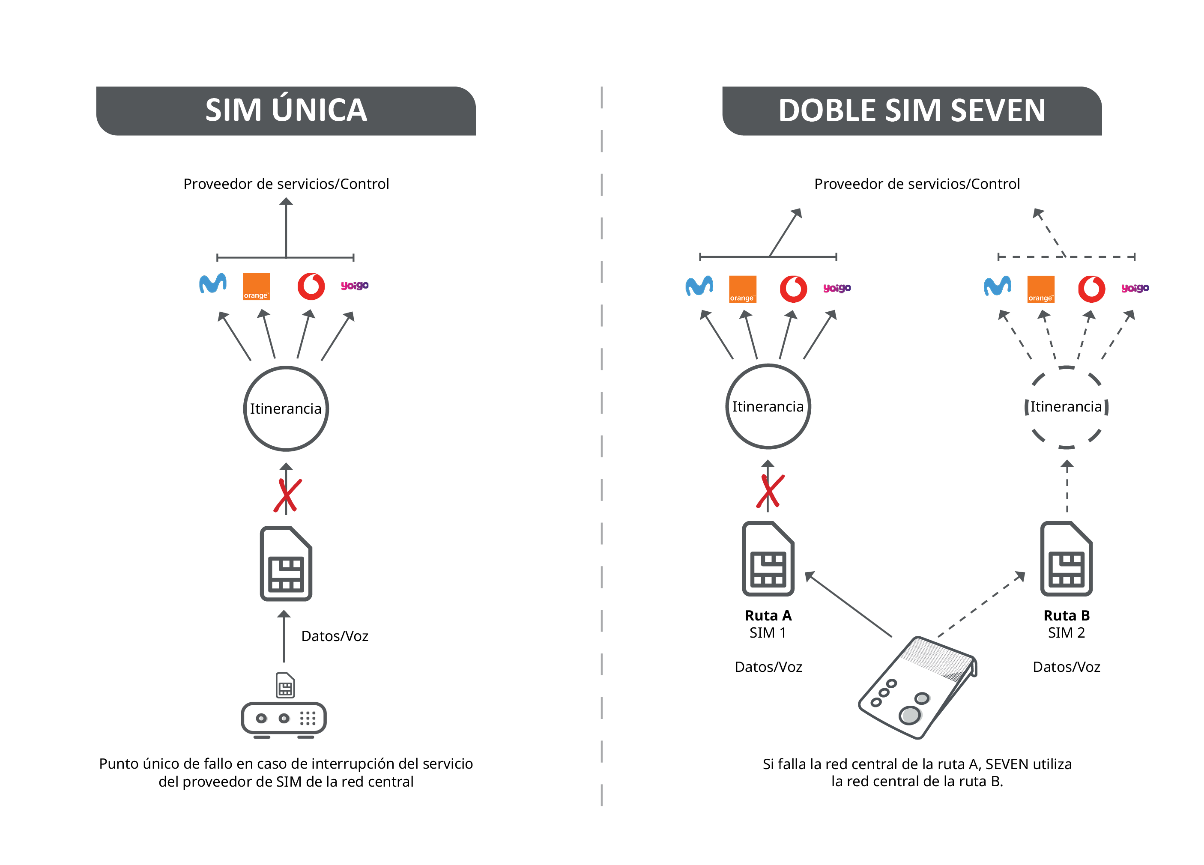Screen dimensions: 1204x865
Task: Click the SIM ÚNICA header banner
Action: pos(286,111)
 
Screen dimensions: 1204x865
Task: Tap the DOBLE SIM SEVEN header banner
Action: pos(912,111)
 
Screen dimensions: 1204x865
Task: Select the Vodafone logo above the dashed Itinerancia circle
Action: pos(1091,289)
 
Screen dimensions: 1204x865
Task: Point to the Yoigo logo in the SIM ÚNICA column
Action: pos(355,286)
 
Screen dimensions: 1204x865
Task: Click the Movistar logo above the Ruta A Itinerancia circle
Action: pos(699,286)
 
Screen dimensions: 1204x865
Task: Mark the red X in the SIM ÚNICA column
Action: pos(288,495)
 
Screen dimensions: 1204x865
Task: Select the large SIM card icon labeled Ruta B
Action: pos(1067,558)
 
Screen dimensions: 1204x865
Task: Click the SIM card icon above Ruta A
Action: pos(768,558)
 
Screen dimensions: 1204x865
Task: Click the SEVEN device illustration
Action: pos(918,687)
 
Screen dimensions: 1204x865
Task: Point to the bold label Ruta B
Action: pos(1067,616)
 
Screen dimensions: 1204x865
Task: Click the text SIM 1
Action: pos(768,633)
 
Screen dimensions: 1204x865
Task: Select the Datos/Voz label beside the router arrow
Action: pos(335,636)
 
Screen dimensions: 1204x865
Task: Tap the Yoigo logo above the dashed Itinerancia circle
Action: pos(1135,288)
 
